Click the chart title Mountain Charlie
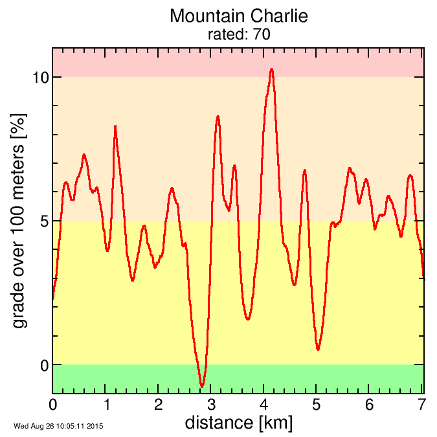(238, 16)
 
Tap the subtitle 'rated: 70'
(238, 34)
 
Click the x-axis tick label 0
(53, 405)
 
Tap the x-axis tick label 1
(106, 405)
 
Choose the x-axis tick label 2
(159, 405)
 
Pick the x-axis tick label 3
(211, 405)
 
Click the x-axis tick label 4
(264, 405)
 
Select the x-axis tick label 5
(317, 405)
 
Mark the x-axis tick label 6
(369, 405)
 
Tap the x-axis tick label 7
(421, 405)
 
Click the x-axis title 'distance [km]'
(238, 423)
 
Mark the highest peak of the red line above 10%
(272, 69)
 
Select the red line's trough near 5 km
(318, 350)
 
